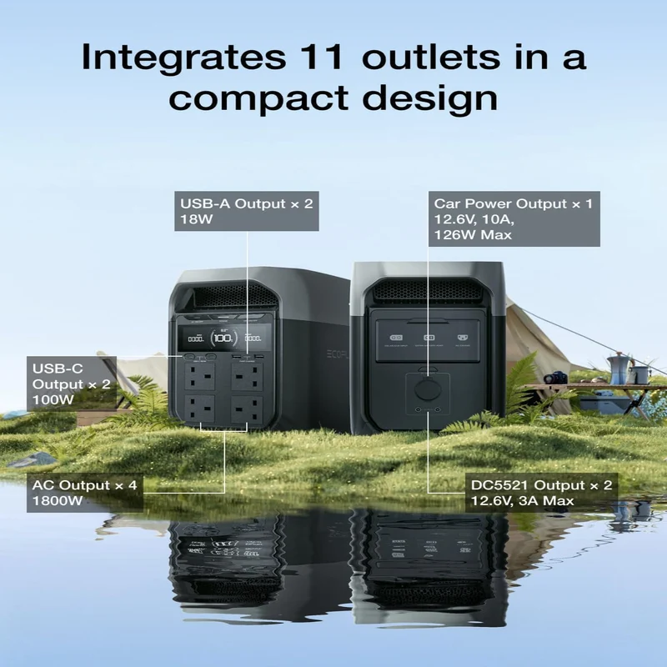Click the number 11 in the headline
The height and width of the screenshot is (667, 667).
tap(322, 57)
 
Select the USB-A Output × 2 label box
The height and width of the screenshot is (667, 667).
tap(247, 211)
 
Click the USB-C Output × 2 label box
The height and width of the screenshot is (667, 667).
tap(72, 384)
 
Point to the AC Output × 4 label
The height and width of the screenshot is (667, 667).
tap(85, 493)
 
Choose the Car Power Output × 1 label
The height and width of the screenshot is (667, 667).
tap(514, 218)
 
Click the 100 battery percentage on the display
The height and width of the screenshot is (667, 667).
tap(223, 339)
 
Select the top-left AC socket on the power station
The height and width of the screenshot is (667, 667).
tap(200, 377)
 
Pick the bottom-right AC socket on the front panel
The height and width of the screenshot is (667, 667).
tap(247, 409)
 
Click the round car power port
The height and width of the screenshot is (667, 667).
tap(428, 389)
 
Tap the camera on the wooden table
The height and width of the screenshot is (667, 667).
tap(555, 378)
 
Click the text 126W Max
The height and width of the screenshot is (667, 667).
tap(473, 235)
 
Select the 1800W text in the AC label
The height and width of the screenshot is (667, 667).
tap(58, 501)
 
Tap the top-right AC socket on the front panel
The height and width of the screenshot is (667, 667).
tap(247, 377)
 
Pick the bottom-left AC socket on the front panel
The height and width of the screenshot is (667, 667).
tap(200, 409)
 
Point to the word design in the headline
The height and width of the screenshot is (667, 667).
tap(429, 99)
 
